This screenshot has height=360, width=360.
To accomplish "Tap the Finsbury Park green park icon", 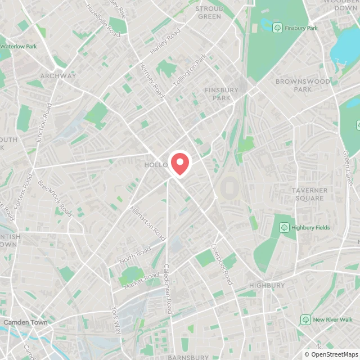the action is [x=277, y=28].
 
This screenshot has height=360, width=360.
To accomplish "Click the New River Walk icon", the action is [x=305, y=319].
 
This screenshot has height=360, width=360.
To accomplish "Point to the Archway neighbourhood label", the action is [x=58, y=76].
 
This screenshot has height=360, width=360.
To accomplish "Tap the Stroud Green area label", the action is [x=210, y=12].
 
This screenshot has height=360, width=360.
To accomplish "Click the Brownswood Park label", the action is [x=302, y=85].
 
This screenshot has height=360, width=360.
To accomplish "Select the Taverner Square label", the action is [x=309, y=195].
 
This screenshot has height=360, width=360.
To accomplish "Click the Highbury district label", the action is [x=267, y=286].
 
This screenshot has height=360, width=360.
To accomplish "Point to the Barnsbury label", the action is [x=188, y=357].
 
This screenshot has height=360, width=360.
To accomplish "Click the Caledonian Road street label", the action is [x=167, y=289].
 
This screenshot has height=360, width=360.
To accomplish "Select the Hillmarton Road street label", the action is [x=148, y=223].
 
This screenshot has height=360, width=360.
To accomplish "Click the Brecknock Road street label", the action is [x=55, y=199].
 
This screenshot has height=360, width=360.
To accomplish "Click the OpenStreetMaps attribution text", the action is [x=331, y=355].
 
